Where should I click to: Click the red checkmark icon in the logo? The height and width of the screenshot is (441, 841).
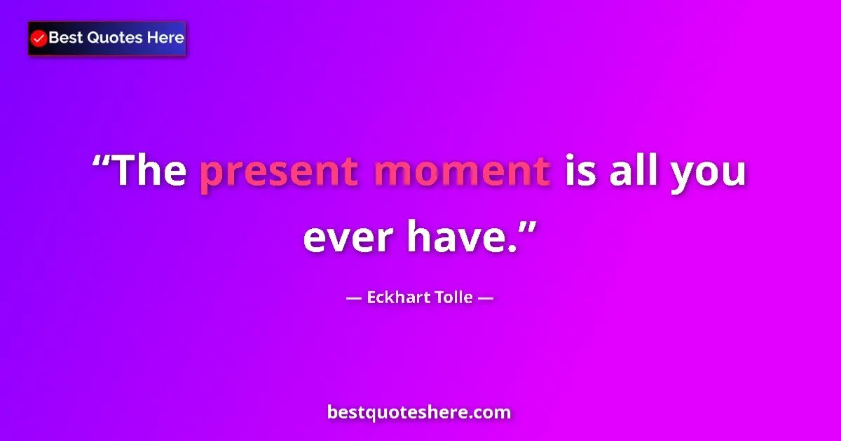39,38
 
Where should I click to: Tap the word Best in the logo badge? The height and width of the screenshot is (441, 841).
65,38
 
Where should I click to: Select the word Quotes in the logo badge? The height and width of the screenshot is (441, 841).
114,38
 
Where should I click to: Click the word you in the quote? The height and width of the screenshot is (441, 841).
709,174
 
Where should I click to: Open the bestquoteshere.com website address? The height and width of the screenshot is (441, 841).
419,412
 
